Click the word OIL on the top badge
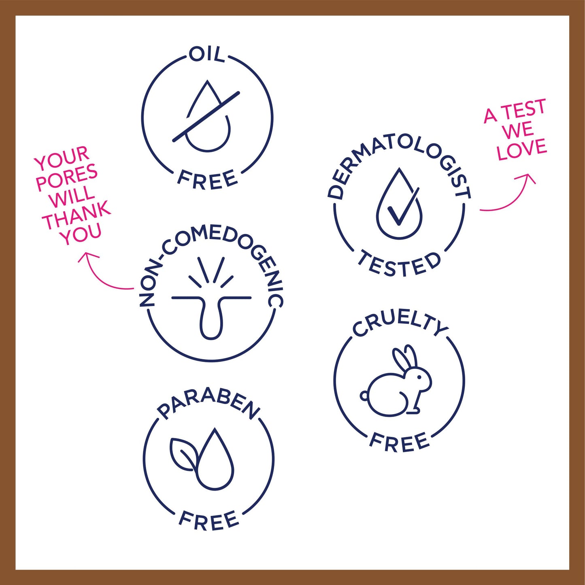[x=207, y=55]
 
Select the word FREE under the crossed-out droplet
[x=207, y=180]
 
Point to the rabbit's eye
[x=419, y=377]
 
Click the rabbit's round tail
[x=364, y=396]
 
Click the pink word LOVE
[x=522, y=150]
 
